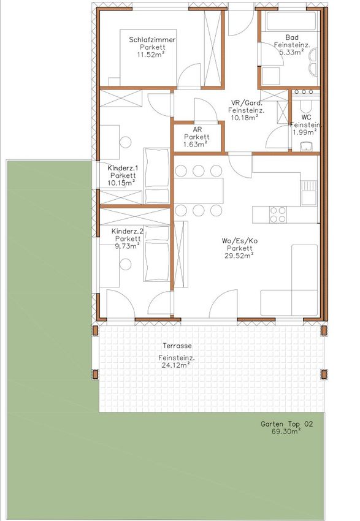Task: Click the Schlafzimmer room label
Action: click(x=152, y=40)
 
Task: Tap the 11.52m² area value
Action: click(x=151, y=55)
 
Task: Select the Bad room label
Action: click(x=292, y=37)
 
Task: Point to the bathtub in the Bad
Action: click(x=291, y=21)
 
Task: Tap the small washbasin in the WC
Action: click(x=307, y=146)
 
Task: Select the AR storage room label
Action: click(x=197, y=129)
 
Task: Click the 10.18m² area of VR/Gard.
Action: click(x=243, y=117)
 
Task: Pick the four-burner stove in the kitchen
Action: click(x=278, y=215)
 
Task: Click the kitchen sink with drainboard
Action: click(x=309, y=193)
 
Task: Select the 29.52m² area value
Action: click(x=239, y=256)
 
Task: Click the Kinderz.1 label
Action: click(x=122, y=168)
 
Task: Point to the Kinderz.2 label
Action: click(x=128, y=231)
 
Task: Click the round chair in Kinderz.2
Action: click(x=126, y=265)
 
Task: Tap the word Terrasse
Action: click(x=177, y=346)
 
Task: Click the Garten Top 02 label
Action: click(x=286, y=424)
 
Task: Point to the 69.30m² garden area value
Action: click(x=286, y=432)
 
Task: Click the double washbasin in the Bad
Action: click(x=313, y=62)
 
